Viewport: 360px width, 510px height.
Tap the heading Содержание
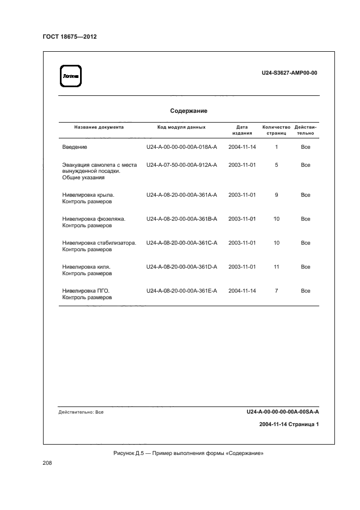tap(188, 111)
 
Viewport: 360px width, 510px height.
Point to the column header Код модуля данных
tap(181, 127)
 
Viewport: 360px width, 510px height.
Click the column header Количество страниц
tap(276, 130)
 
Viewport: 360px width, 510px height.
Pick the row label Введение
tap(75, 147)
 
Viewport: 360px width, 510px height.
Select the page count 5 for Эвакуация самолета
tap(277, 165)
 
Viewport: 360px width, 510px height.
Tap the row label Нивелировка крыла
tap(89, 195)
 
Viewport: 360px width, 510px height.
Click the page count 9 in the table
tap(277, 195)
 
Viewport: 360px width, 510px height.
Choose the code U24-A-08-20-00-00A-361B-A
tap(181, 218)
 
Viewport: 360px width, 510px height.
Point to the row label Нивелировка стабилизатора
tap(99, 242)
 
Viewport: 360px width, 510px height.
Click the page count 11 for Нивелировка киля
tap(277, 266)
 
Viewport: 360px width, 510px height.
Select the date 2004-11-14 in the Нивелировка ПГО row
tap(242, 290)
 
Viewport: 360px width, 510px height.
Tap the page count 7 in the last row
tap(277, 290)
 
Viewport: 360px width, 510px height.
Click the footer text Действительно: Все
tap(81, 412)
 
